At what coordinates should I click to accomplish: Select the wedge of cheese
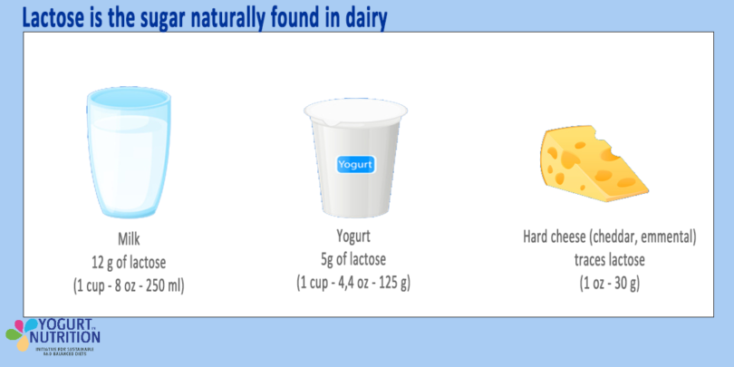point(594,164)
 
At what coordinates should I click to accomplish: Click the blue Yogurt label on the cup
point(354,165)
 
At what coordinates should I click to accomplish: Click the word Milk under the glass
point(130,241)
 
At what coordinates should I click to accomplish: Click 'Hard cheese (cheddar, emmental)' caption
point(610,238)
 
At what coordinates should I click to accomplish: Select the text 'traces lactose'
point(610,259)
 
